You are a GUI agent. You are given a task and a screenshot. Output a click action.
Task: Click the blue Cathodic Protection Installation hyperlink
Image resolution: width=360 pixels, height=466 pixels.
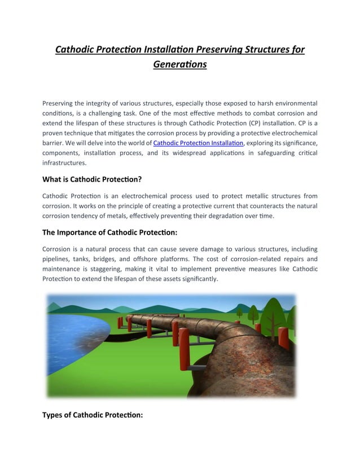click(x=198, y=143)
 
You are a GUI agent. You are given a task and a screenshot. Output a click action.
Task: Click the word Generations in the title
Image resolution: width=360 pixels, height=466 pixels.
click(x=180, y=64)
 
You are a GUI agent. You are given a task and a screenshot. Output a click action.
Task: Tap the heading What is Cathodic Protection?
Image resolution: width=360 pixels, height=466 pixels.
click(x=92, y=179)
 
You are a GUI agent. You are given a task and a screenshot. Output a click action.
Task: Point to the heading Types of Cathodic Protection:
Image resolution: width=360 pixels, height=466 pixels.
click(x=93, y=415)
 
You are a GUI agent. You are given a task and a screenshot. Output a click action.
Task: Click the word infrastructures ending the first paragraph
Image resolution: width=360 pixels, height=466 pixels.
click(x=64, y=163)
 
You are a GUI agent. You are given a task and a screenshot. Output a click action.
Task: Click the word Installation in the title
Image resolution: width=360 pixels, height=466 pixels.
click(x=175, y=50)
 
